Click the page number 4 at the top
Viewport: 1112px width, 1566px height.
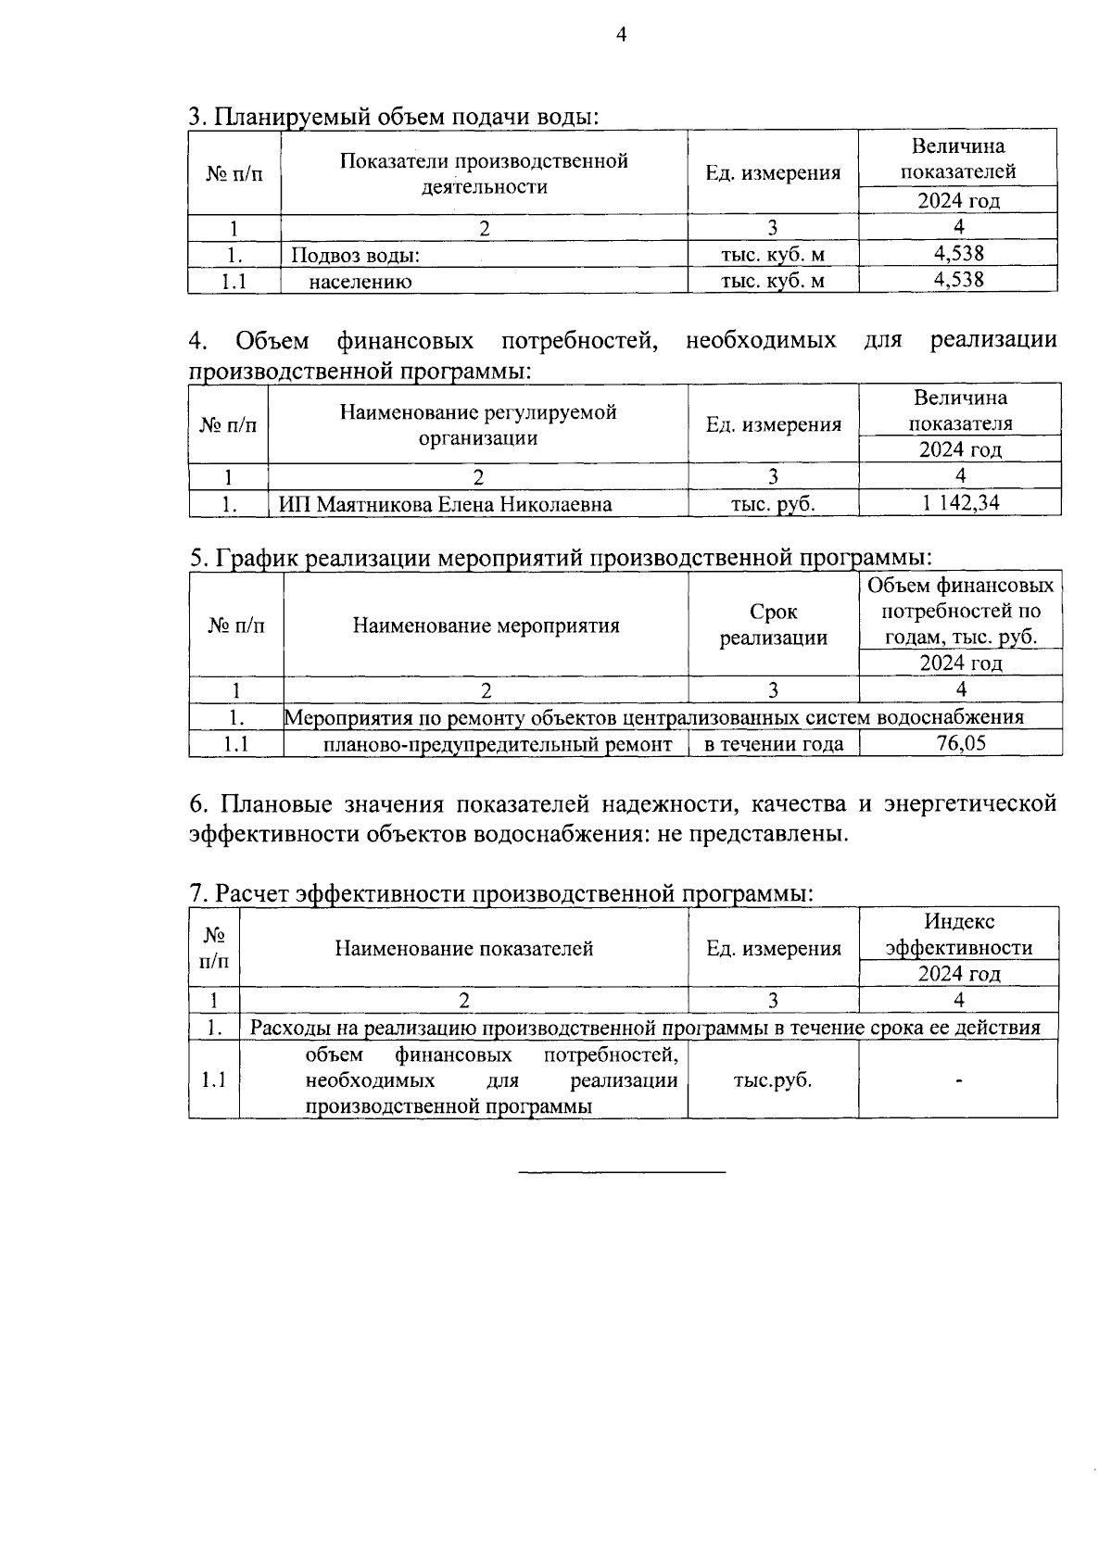coord(622,35)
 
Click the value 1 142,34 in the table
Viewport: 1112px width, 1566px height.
coord(959,503)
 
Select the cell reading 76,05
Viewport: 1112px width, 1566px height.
coord(961,743)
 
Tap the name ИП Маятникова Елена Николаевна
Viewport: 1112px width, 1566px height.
coord(446,504)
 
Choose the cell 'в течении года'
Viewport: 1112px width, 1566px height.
coord(774,744)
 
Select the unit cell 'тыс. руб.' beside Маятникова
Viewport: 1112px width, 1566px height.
coord(773,504)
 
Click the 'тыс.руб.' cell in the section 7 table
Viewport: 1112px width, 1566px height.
coord(772,1080)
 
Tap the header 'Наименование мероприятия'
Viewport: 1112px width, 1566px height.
coord(486,625)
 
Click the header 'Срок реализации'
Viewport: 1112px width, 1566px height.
coord(773,625)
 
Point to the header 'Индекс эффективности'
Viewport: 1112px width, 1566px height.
coord(958,934)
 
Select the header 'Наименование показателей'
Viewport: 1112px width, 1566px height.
coord(463,948)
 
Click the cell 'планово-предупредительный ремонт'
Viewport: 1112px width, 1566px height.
coord(498,744)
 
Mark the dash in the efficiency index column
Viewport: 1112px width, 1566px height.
coord(959,1080)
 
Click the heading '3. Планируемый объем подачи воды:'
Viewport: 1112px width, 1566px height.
coord(394,117)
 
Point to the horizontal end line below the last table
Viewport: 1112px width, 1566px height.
coord(622,1174)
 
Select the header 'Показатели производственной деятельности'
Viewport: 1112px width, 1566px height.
coord(484,173)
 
